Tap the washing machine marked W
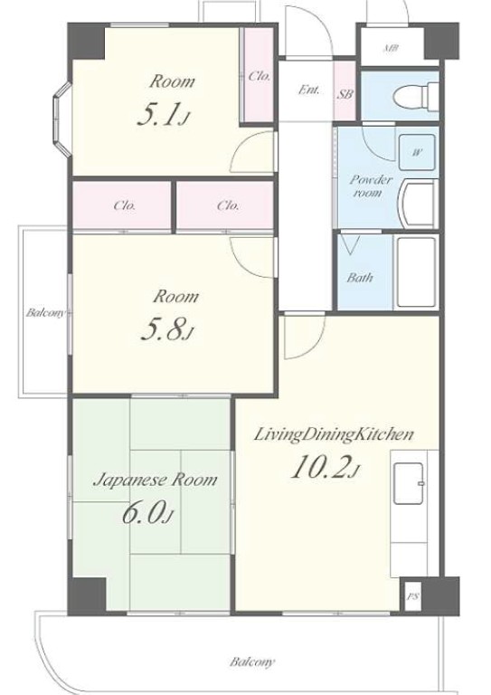[x=417, y=152]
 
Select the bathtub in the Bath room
[x=415, y=272]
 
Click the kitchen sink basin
[x=409, y=483]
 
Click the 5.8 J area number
[x=167, y=328]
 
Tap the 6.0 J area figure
[x=147, y=512]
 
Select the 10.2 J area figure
[x=325, y=467]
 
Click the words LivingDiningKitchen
[x=334, y=434]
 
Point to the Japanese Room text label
[x=155, y=479]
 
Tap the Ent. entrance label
[x=308, y=90]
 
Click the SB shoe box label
[x=345, y=94]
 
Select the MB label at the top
[x=390, y=48]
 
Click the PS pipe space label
[x=412, y=596]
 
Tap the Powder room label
[x=370, y=186]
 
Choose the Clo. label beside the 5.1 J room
[x=260, y=76]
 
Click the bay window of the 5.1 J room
[x=62, y=119]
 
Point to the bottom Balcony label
[x=252, y=662]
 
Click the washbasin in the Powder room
[x=418, y=204]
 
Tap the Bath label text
[x=359, y=278]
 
